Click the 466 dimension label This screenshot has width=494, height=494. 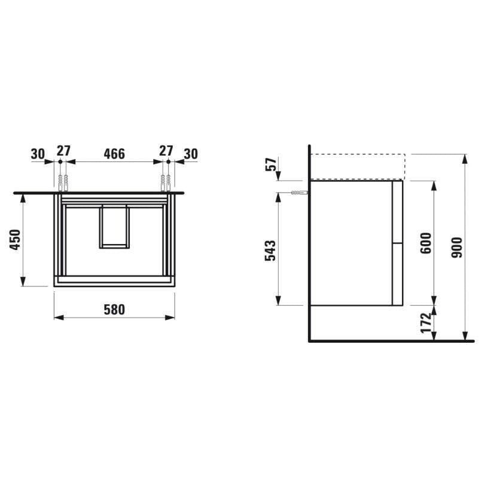pos(114,154)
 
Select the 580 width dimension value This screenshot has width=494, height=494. pos(114,310)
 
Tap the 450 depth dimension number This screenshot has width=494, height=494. pos(16,240)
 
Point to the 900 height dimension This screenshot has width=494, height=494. pos(456,248)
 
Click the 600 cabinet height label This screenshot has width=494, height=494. pos(426,243)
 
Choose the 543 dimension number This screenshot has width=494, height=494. pos(270,251)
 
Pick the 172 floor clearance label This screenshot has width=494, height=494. pos(426,322)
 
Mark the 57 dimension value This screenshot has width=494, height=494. pos(271,164)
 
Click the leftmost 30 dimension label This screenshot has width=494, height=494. pos(38,154)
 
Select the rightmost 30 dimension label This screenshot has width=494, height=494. pos(191,154)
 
